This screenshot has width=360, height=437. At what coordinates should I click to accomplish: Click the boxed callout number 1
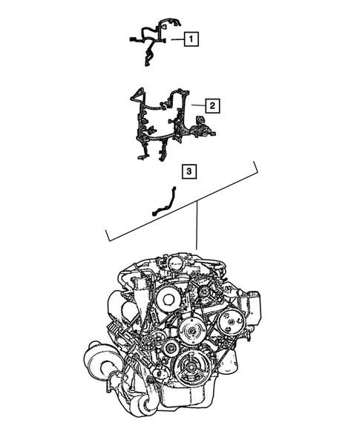tap(191, 38)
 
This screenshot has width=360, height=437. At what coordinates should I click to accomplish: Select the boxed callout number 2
tap(211, 106)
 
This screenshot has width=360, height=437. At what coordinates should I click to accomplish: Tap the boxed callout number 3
tap(189, 172)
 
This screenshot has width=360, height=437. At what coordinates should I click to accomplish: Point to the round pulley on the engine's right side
tap(232, 321)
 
